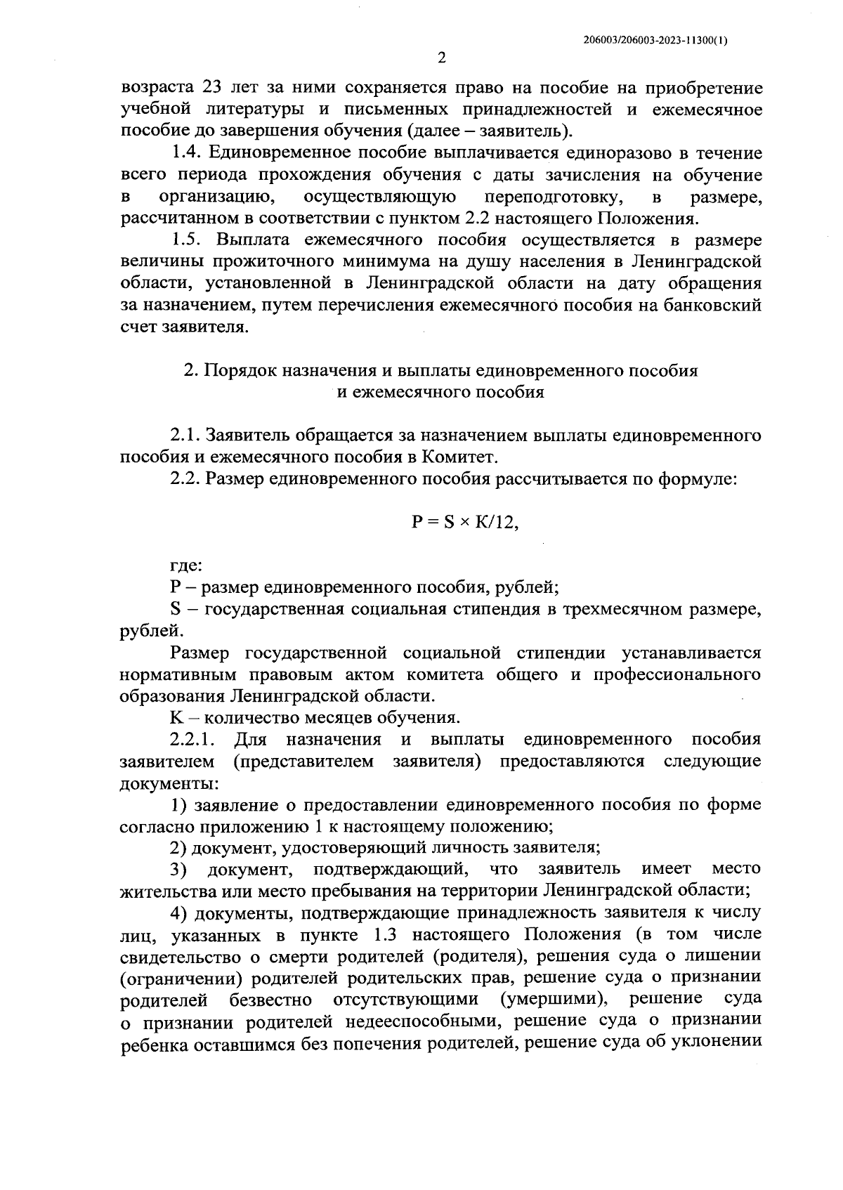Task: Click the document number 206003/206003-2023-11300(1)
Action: pyautogui.click(x=655, y=40)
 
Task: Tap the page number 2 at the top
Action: pyautogui.click(x=441, y=58)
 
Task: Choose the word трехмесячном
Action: pyautogui.click(x=623, y=608)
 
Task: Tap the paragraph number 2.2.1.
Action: pyautogui.click(x=192, y=739)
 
